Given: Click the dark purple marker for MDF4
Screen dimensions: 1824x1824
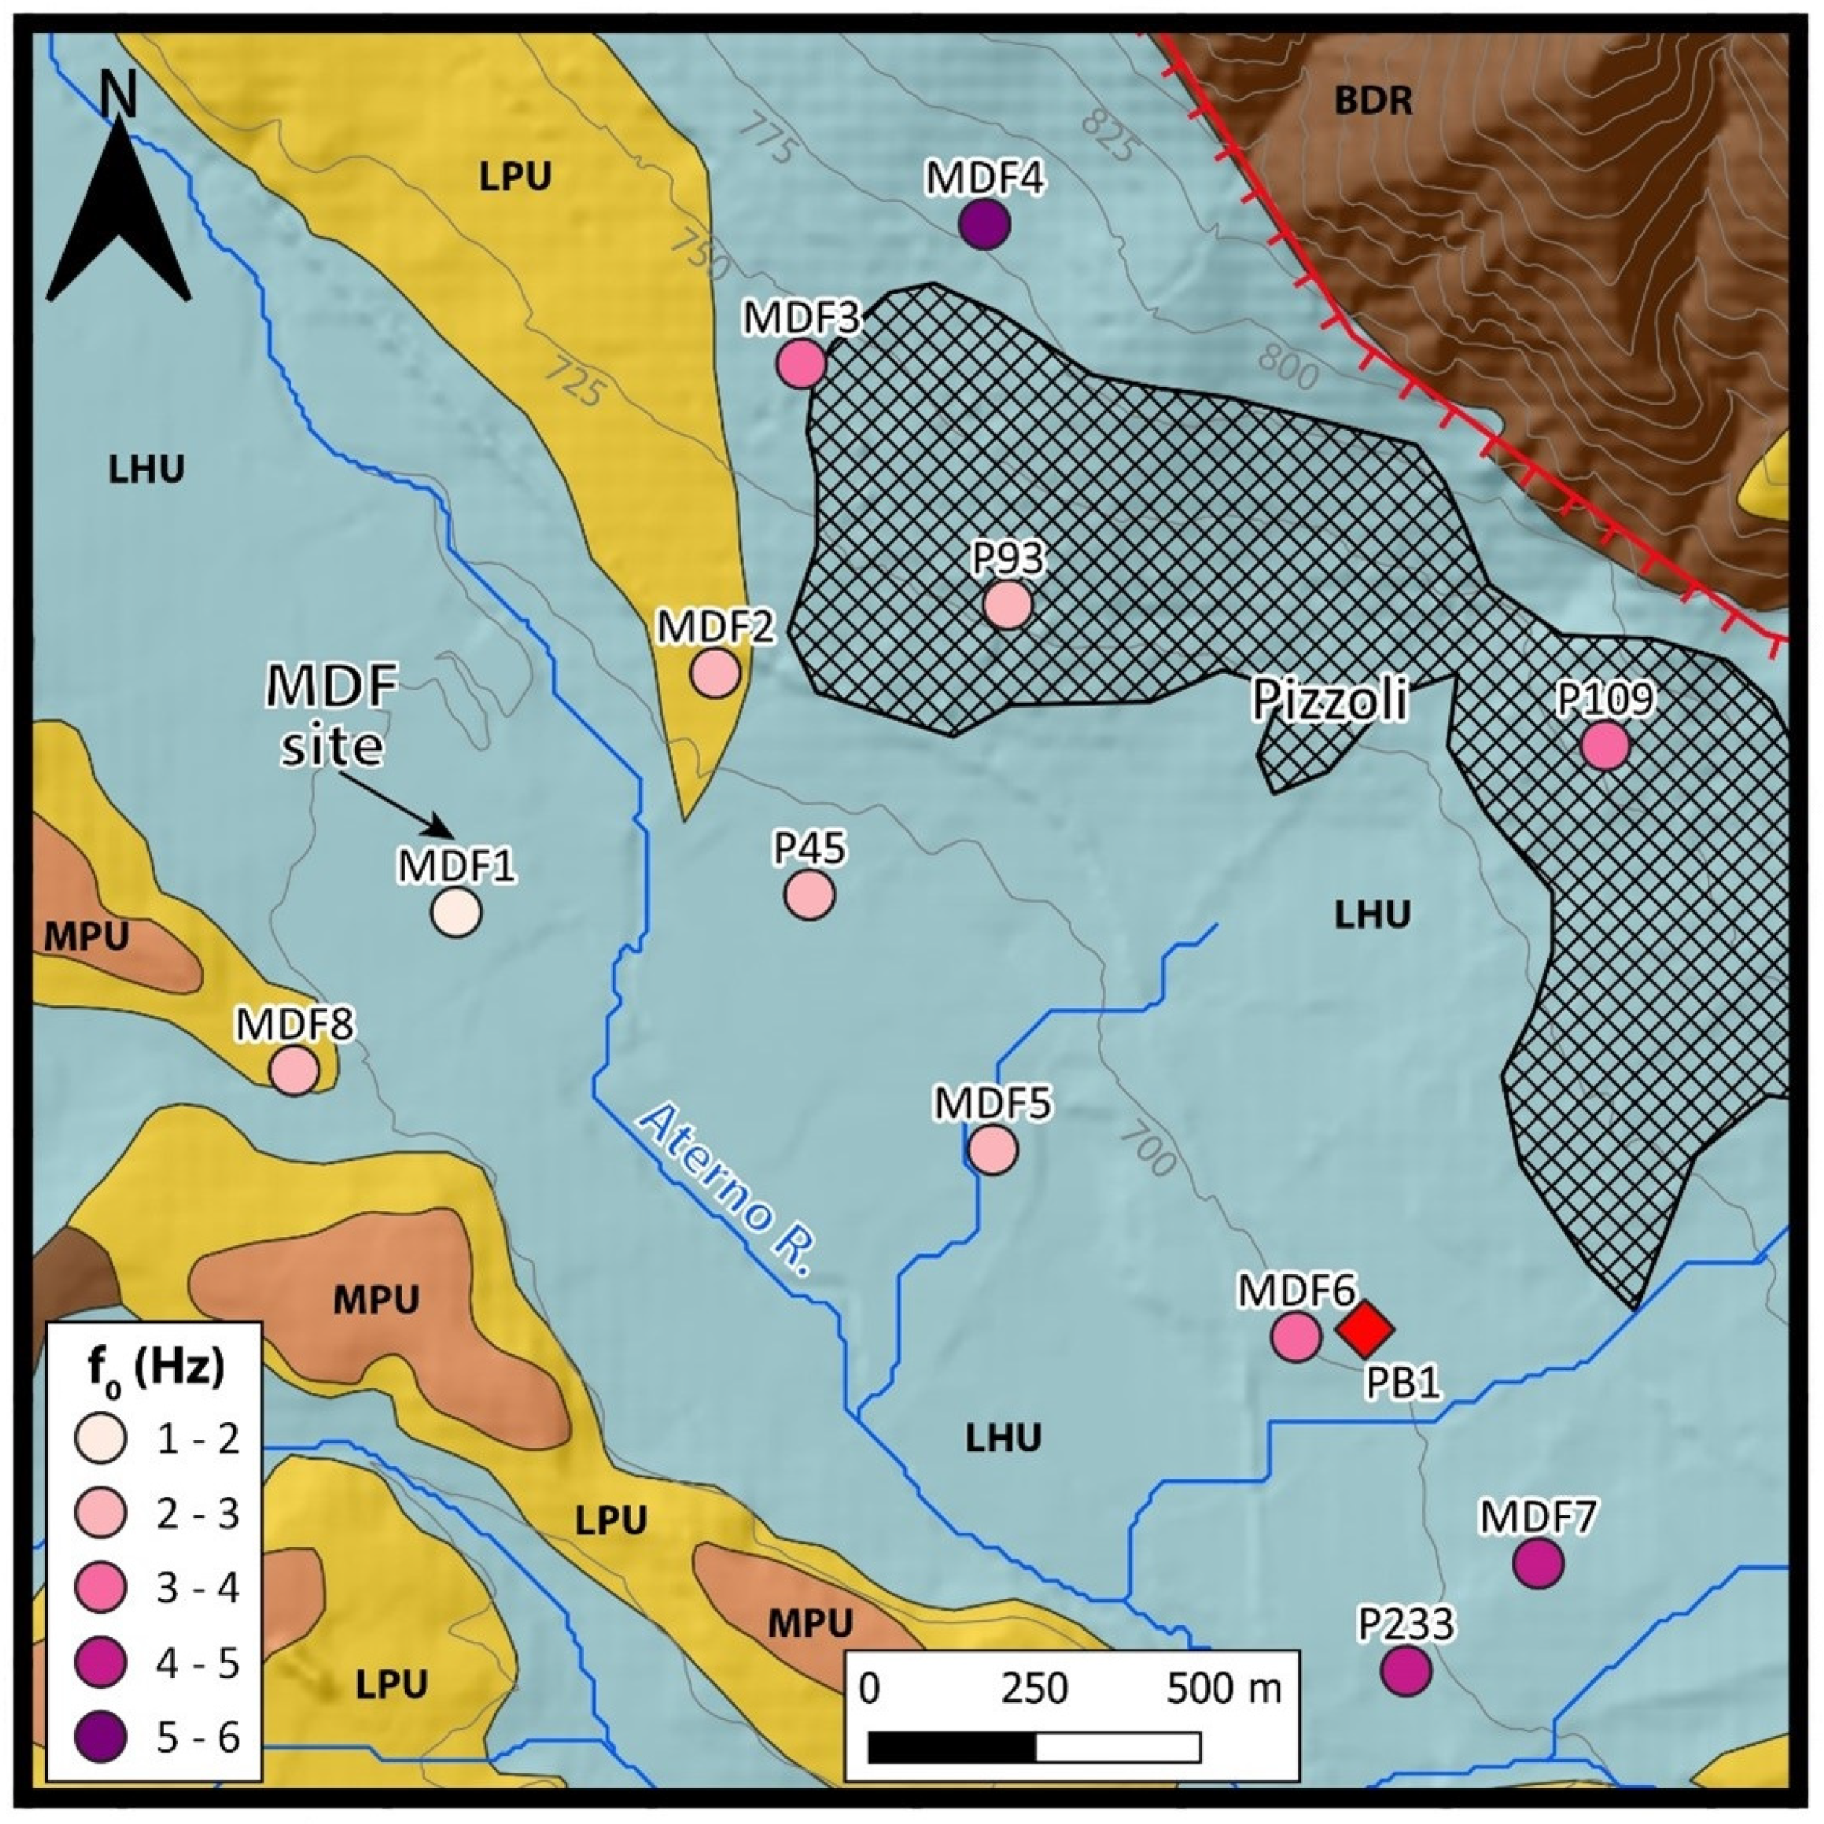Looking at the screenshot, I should coord(984,225).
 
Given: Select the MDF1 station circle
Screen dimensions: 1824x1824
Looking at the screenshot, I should coord(456,912).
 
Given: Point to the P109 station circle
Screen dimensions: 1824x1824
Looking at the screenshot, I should coord(1605,746).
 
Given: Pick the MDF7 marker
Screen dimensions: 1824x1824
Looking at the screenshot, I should coord(1538,1564).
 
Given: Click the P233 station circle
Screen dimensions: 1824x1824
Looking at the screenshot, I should coord(1406,1670).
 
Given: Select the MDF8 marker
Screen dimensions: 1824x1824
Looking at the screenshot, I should coord(294,1070).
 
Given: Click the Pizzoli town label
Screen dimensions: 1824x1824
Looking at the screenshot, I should coord(1330,700).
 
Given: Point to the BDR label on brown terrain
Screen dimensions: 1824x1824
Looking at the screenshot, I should coord(1373,101).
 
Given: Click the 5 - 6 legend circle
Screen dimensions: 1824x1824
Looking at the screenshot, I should coord(100,1736).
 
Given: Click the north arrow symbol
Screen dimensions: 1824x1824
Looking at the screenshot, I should coord(119,207).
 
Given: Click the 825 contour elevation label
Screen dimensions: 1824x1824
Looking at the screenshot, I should coord(1109,134).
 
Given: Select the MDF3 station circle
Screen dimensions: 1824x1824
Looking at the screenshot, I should coord(802,364).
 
